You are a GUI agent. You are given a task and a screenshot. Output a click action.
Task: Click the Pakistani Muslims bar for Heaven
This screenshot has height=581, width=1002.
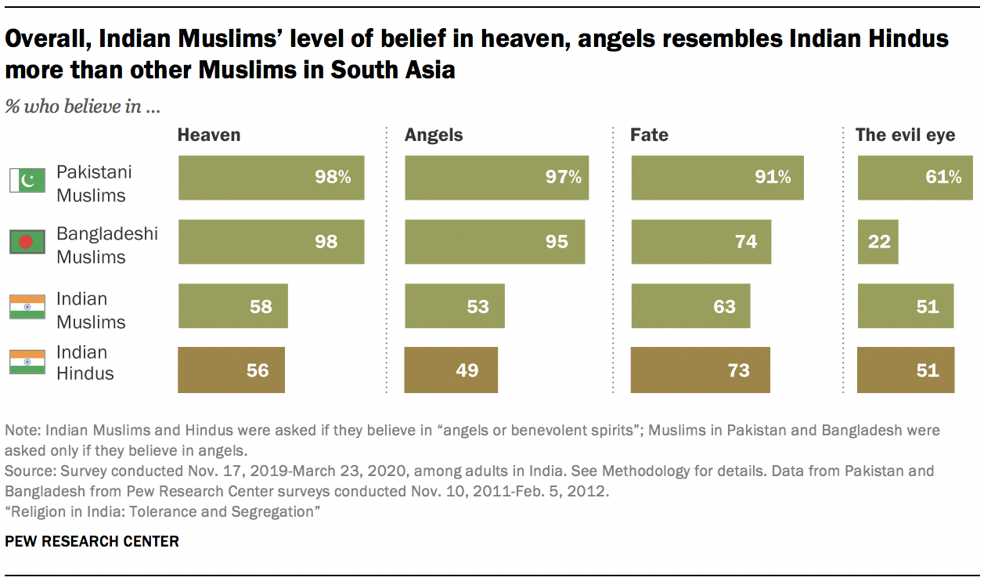(271, 178)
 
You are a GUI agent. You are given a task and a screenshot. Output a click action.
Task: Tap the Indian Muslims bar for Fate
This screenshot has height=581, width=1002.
(690, 305)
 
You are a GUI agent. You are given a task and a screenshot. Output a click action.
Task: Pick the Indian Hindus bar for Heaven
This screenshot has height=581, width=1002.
(231, 370)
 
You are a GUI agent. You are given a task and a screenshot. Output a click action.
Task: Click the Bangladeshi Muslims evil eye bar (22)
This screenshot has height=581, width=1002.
(878, 241)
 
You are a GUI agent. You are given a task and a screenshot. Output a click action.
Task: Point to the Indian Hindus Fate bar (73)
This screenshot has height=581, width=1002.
(700, 370)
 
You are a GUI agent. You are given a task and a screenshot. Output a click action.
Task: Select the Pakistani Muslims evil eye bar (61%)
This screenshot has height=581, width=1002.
(914, 178)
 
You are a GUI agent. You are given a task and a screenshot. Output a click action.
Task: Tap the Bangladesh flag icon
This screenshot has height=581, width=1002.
(26, 243)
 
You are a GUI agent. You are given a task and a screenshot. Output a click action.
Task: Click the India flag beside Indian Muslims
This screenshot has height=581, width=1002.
(26, 307)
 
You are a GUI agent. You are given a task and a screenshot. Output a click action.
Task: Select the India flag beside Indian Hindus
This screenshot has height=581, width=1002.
(26, 363)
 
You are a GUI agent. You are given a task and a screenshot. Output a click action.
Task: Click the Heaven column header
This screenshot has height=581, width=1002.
(209, 135)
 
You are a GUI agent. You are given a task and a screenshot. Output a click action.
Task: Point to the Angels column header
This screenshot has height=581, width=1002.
(433, 135)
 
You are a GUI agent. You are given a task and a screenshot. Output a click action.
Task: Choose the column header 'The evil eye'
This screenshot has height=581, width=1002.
(905, 135)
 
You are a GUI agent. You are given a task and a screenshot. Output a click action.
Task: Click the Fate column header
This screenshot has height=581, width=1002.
(649, 135)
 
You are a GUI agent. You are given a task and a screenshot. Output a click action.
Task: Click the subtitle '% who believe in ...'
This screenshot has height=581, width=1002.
(83, 106)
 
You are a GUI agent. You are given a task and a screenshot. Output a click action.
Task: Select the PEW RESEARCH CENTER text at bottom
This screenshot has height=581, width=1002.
(92, 541)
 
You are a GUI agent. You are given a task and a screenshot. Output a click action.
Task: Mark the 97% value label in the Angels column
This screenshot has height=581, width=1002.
(564, 178)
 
